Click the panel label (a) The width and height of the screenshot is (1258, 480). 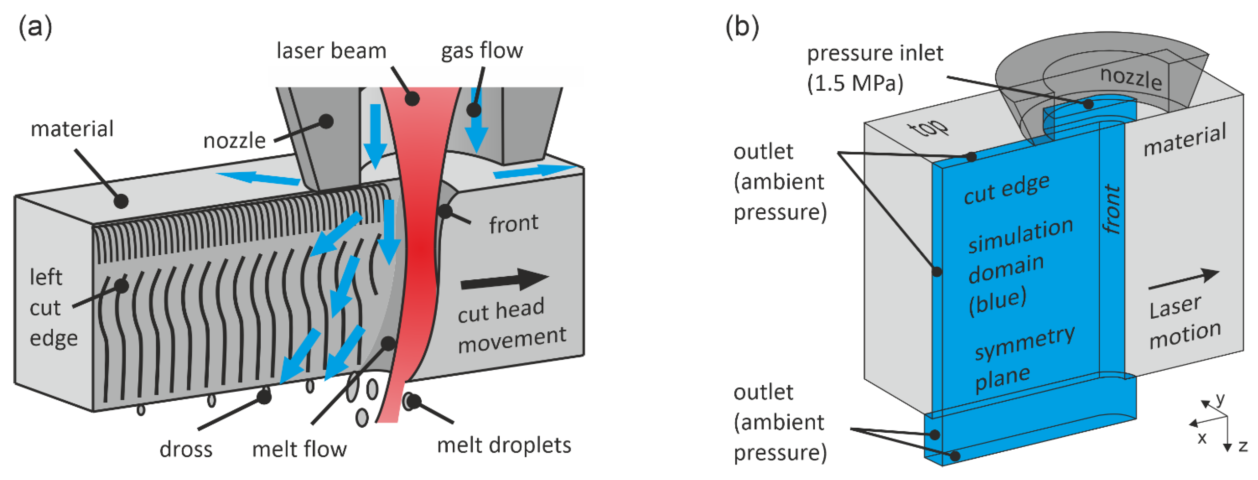(35, 26)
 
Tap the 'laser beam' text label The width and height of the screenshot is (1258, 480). (331, 51)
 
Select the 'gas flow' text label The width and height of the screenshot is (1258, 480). (482, 51)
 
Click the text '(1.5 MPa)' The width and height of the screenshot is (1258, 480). (855, 83)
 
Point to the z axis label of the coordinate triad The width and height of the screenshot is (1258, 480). (1243, 446)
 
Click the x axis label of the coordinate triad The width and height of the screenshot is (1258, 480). (1202, 438)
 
